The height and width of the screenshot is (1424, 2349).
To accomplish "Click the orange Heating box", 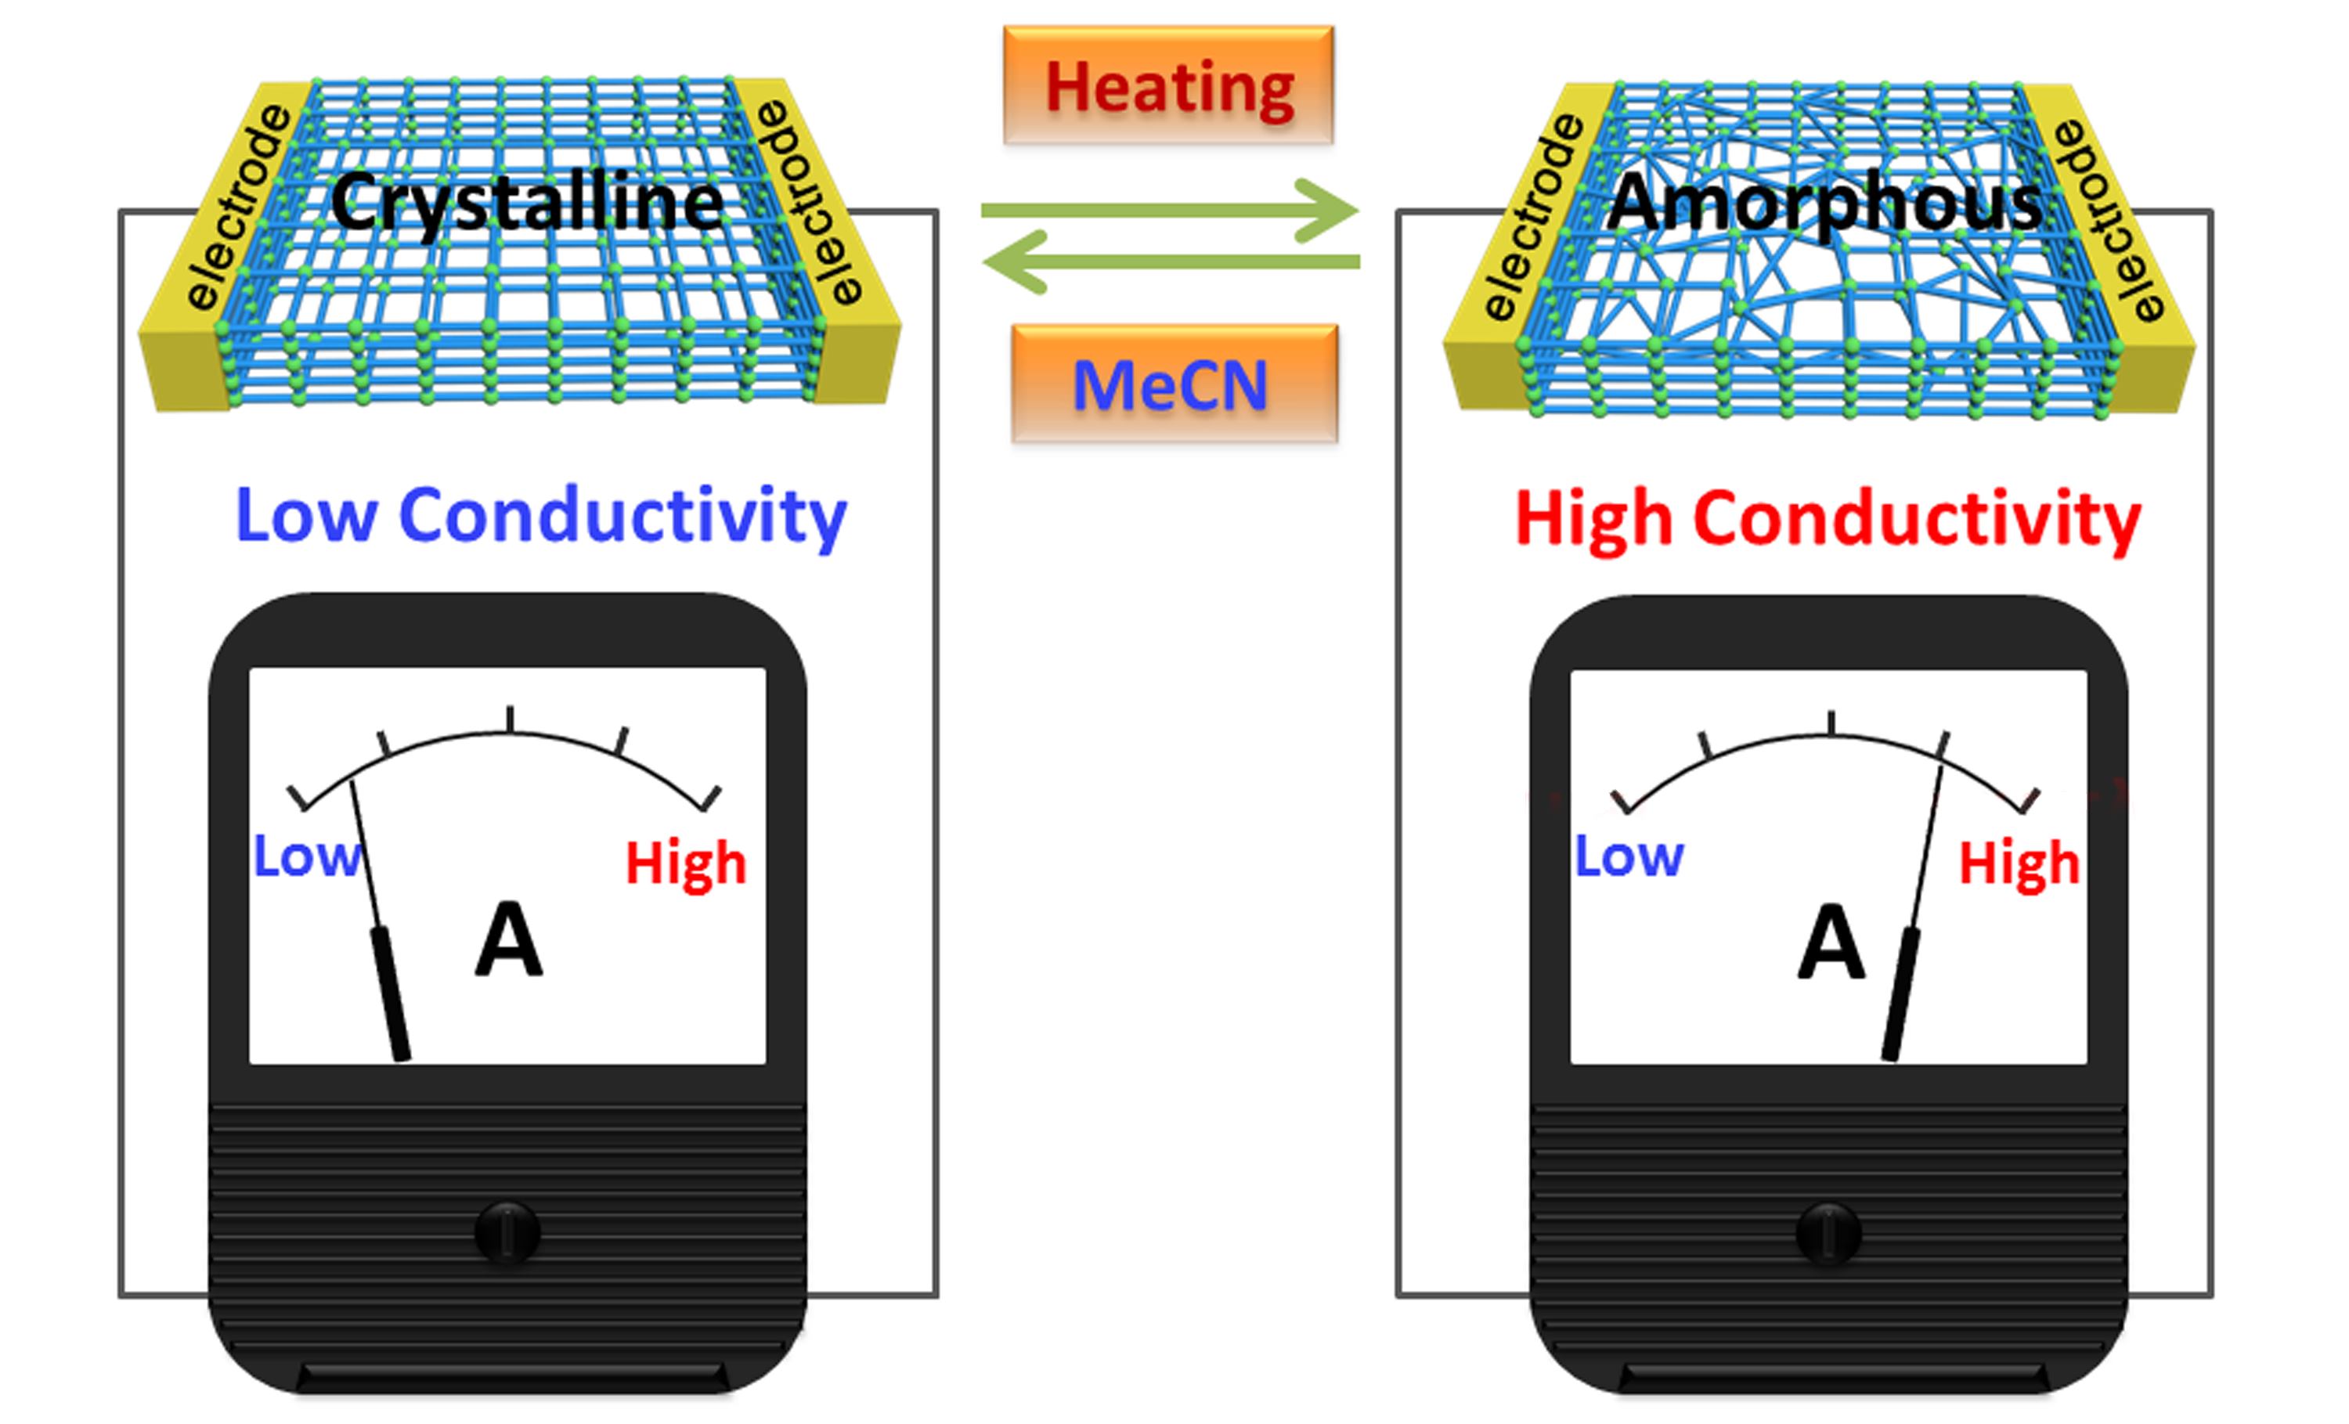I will [1167, 86].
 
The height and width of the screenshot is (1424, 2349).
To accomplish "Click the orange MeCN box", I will [1174, 384].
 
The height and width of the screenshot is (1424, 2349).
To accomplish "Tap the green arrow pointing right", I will [1170, 210].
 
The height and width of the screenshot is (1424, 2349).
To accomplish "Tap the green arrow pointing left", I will [1170, 262].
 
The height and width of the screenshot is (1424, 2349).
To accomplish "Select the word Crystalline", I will [527, 202].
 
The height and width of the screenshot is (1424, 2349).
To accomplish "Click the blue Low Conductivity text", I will [540, 516].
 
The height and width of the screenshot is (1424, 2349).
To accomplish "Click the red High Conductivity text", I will [1828, 520].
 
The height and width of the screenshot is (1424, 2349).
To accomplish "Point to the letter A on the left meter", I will [509, 942].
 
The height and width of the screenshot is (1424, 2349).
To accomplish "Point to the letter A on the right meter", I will [1831, 943].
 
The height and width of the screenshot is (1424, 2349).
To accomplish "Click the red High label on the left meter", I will [685, 863].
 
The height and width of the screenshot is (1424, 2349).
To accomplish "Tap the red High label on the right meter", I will [2019, 864].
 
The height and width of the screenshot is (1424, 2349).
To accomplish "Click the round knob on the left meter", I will [507, 1231].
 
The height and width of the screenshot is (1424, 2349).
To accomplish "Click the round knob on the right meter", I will [1828, 1233].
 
